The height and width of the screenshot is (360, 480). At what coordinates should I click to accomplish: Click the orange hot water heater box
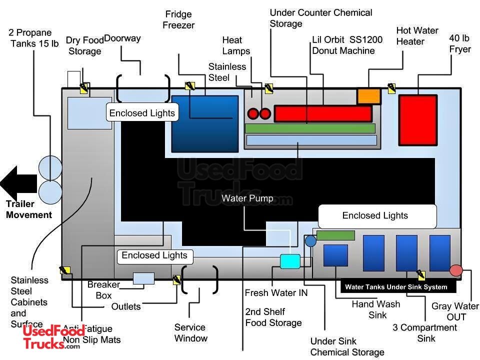(369, 96)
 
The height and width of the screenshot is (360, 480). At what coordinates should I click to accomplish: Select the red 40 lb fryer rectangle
(417, 120)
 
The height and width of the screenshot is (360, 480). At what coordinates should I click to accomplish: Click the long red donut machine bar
(323, 114)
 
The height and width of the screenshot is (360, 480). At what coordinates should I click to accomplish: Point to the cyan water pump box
(290, 261)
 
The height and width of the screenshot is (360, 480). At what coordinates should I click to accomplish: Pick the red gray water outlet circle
(456, 270)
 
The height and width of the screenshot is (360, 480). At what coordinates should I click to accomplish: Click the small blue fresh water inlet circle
(310, 241)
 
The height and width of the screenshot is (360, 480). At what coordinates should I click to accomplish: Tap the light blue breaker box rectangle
(143, 278)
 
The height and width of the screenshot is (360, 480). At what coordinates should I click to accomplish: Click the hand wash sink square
(335, 255)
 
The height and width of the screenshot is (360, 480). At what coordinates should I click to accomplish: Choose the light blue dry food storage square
(89, 113)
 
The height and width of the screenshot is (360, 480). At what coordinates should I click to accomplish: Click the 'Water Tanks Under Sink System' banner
(396, 287)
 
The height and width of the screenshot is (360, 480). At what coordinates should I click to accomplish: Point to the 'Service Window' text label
(190, 333)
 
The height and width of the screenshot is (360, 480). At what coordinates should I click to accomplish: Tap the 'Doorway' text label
(122, 38)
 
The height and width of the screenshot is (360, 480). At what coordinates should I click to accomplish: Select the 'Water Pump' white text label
(247, 198)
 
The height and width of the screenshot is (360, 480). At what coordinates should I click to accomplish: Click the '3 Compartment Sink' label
(425, 333)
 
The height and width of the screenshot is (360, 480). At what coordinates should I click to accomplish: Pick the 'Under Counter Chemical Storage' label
(321, 18)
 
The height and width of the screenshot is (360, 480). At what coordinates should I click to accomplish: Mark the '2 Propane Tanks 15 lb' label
(33, 38)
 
